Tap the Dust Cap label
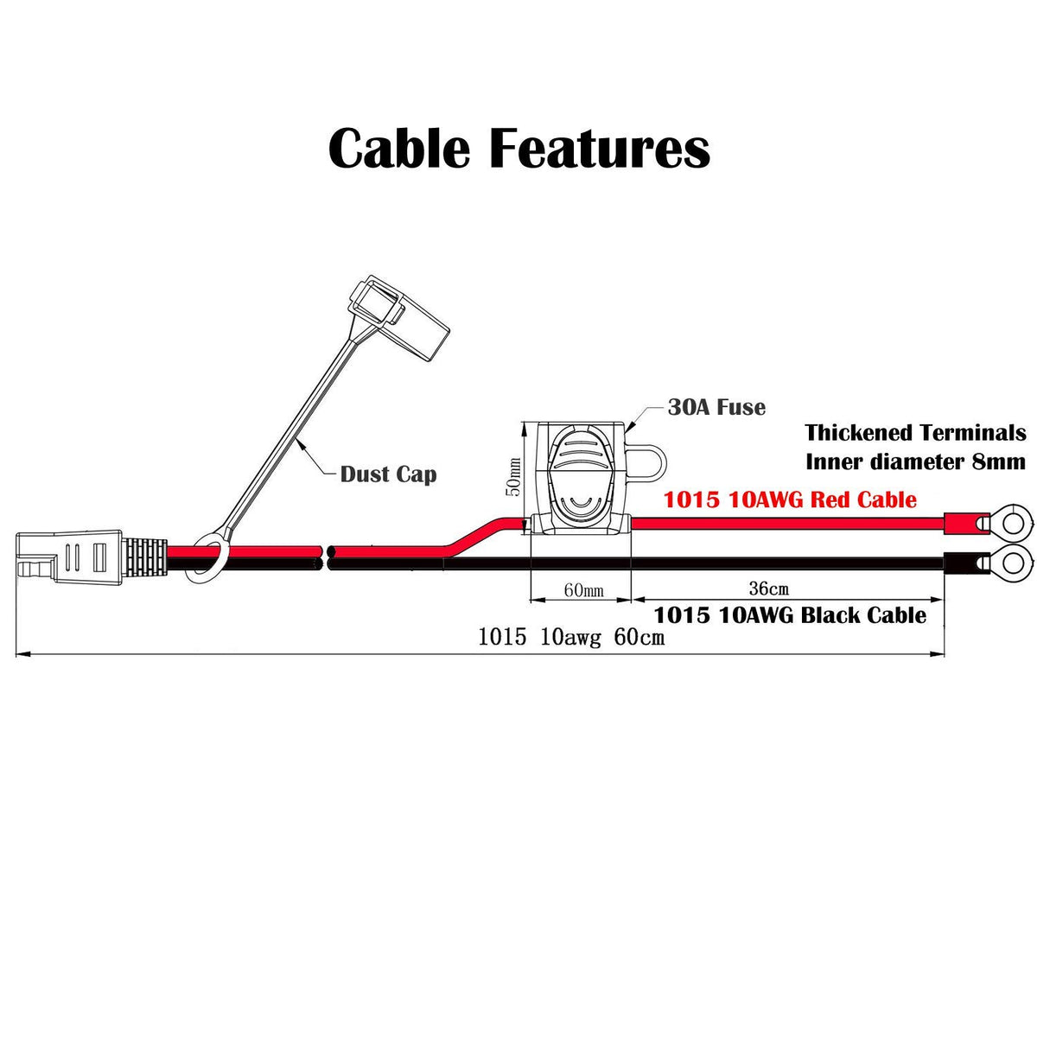tap(388, 474)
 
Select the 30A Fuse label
tap(716, 407)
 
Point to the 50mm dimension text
tap(513, 476)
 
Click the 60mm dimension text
tap(583, 591)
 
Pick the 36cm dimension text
tap(768, 588)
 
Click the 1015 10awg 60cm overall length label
tap(571, 638)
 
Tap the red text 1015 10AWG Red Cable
tap(790, 499)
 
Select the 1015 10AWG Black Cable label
tap(790, 615)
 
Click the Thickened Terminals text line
tap(915, 433)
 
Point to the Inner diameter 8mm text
tap(915, 461)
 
